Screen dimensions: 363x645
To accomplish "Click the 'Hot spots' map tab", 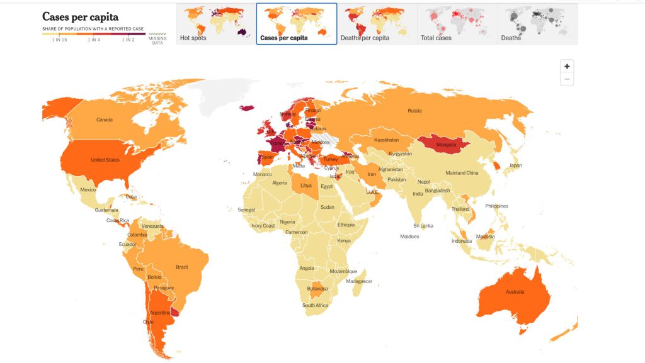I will (x=215, y=23).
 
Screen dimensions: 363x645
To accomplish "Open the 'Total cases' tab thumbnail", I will (x=457, y=23).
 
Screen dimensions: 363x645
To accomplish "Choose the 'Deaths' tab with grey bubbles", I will (x=537, y=23).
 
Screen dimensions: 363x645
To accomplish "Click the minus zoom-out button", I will (x=567, y=79).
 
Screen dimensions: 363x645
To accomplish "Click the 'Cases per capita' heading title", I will (x=80, y=17).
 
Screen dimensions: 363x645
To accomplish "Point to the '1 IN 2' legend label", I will (x=128, y=40).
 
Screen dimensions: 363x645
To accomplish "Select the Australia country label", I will (x=515, y=291).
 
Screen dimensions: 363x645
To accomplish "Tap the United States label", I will (x=105, y=160).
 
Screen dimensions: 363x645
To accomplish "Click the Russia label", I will (x=414, y=111).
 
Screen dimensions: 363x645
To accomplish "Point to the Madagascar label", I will (x=360, y=281).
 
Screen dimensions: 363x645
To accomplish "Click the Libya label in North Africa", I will (x=306, y=186).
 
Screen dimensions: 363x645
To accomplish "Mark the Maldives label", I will (x=409, y=237).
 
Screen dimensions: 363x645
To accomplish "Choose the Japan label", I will (x=515, y=165).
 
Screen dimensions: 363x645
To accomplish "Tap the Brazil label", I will (x=181, y=267).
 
